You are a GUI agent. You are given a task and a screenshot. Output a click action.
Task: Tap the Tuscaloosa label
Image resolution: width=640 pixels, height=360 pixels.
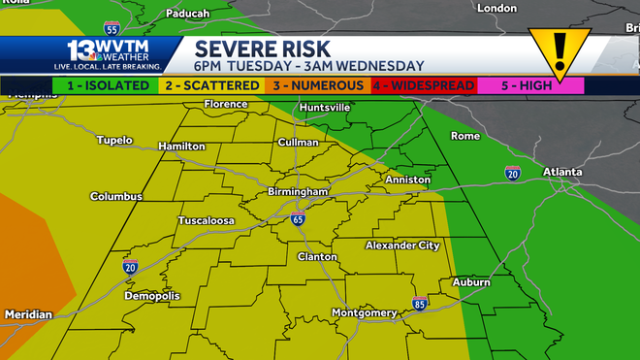[x=206, y=221]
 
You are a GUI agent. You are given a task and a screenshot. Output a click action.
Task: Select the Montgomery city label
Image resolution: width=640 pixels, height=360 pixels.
[x=364, y=312]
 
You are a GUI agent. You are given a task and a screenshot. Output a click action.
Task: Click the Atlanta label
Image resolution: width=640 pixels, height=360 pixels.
[x=562, y=172]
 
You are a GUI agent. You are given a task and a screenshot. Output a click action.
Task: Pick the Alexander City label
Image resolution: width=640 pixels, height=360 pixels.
[x=401, y=245]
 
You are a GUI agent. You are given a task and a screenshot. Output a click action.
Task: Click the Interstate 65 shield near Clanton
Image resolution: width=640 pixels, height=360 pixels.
[x=298, y=219]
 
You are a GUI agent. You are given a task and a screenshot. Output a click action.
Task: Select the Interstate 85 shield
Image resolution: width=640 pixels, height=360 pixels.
[x=419, y=304]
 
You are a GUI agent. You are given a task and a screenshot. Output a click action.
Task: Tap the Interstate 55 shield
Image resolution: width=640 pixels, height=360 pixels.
[x=112, y=28]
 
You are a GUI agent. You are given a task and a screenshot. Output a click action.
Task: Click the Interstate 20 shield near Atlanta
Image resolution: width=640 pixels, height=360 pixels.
[x=512, y=174]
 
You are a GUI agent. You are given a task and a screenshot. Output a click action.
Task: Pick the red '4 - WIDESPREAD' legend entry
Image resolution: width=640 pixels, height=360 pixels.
[x=423, y=85]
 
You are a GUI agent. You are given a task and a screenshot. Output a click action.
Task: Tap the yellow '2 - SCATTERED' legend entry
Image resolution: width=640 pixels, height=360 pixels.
[x=210, y=85]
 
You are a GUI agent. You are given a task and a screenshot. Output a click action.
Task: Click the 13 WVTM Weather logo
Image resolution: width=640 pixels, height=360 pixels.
[x=108, y=53]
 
